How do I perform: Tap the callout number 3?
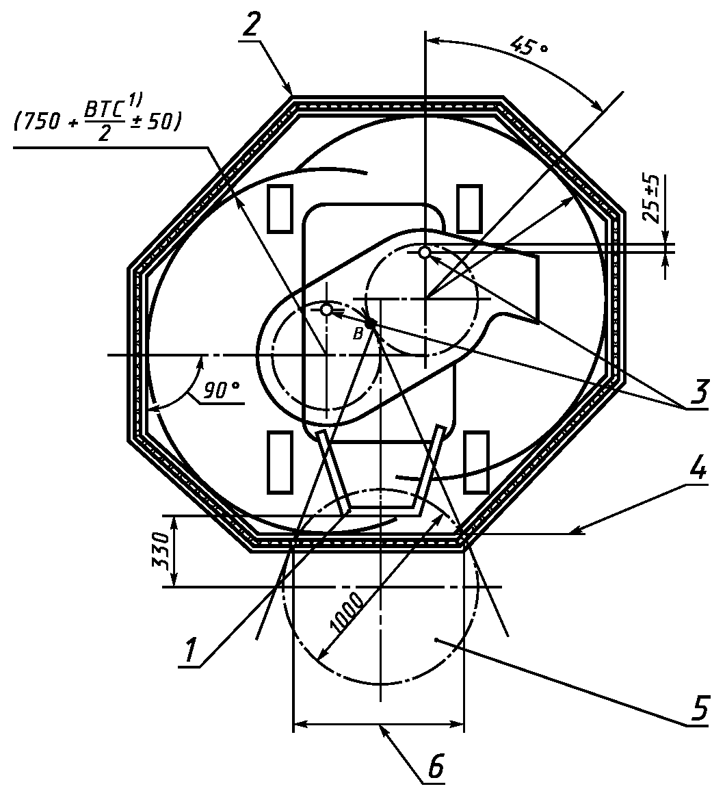699,391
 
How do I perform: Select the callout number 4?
698,469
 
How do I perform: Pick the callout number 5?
700,708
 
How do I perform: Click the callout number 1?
190,649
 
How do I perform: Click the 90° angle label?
222,389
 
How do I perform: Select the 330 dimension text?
161,550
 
